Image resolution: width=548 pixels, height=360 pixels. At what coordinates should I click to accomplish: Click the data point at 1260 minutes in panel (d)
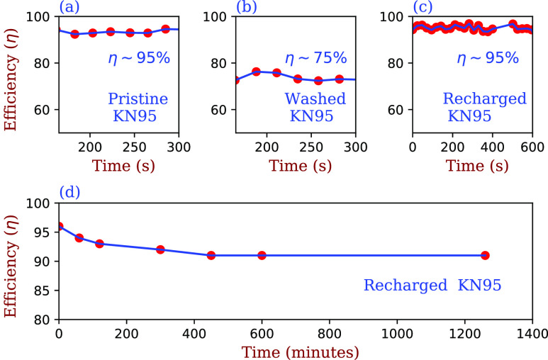click(484, 256)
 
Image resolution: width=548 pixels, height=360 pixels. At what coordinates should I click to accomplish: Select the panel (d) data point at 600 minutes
click(262, 256)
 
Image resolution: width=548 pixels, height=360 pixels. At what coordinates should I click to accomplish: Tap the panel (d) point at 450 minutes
click(211, 256)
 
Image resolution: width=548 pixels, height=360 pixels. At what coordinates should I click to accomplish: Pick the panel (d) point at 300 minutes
click(160, 249)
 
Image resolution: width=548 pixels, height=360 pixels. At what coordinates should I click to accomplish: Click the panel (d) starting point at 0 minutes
click(60, 227)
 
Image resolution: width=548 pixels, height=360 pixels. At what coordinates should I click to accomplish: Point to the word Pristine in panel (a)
click(138, 99)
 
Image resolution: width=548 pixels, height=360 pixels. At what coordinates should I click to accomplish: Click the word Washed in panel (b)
click(315, 99)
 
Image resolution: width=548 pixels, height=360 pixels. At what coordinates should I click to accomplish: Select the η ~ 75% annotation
click(316, 58)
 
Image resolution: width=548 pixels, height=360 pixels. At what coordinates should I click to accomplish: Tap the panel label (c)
click(423, 6)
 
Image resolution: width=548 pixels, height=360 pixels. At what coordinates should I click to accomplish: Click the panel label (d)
click(69, 192)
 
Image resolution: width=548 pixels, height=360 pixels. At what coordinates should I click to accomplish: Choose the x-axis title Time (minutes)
click(300, 352)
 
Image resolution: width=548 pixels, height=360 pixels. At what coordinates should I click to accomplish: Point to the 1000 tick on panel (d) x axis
click(397, 334)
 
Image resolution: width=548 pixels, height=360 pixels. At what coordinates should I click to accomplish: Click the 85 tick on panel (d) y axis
click(44, 291)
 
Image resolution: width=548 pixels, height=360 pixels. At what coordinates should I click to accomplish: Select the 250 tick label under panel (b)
click(311, 147)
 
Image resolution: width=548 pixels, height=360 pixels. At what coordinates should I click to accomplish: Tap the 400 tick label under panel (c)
click(493, 147)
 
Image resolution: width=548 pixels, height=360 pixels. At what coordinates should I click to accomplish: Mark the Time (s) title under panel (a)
click(123, 165)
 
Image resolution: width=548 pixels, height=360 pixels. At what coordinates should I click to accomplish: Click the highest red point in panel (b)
click(256, 72)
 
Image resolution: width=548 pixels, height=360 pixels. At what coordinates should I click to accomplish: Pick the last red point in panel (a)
click(166, 29)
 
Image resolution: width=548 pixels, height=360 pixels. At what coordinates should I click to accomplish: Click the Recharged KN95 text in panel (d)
click(432, 285)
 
